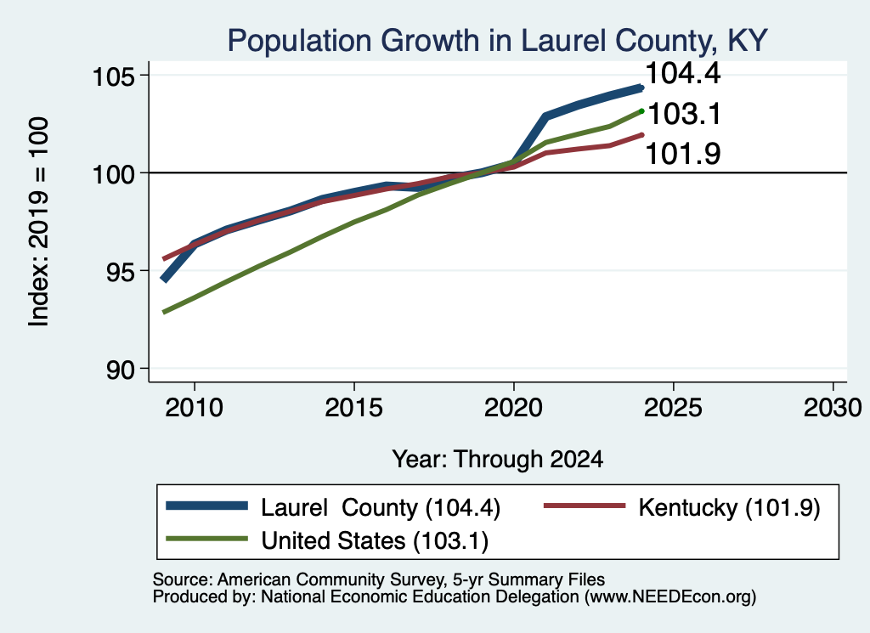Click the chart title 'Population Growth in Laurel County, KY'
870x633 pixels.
tap(497, 41)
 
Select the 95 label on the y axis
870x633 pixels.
tap(121, 271)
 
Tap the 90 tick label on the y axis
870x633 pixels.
tap(121, 369)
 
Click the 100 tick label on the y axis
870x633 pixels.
tap(113, 173)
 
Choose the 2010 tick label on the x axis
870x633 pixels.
tap(195, 409)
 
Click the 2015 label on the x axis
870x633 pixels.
tap(354, 409)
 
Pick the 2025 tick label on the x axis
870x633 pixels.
tap(673, 409)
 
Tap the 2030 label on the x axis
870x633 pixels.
tap(833, 409)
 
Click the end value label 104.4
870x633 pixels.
tap(683, 73)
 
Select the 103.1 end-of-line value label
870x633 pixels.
tap(684, 114)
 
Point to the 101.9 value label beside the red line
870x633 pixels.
tap(683, 154)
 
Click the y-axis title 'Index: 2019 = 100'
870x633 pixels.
tap(39, 222)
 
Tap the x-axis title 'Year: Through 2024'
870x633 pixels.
tap(498, 460)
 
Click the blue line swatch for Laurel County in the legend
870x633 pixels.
tap(207, 506)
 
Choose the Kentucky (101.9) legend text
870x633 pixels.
tap(729, 507)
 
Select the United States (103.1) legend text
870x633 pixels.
tap(375, 541)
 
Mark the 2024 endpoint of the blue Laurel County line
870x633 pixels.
tap(641, 88)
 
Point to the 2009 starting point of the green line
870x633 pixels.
tap(164, 313)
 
